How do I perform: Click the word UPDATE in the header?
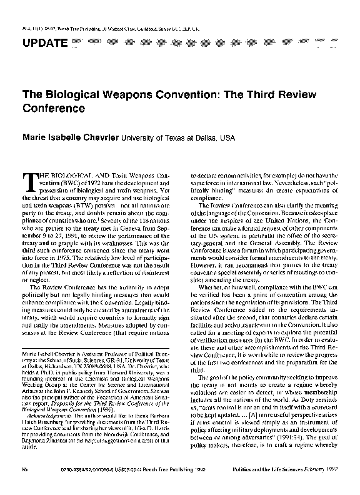(x=44, y=42)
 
